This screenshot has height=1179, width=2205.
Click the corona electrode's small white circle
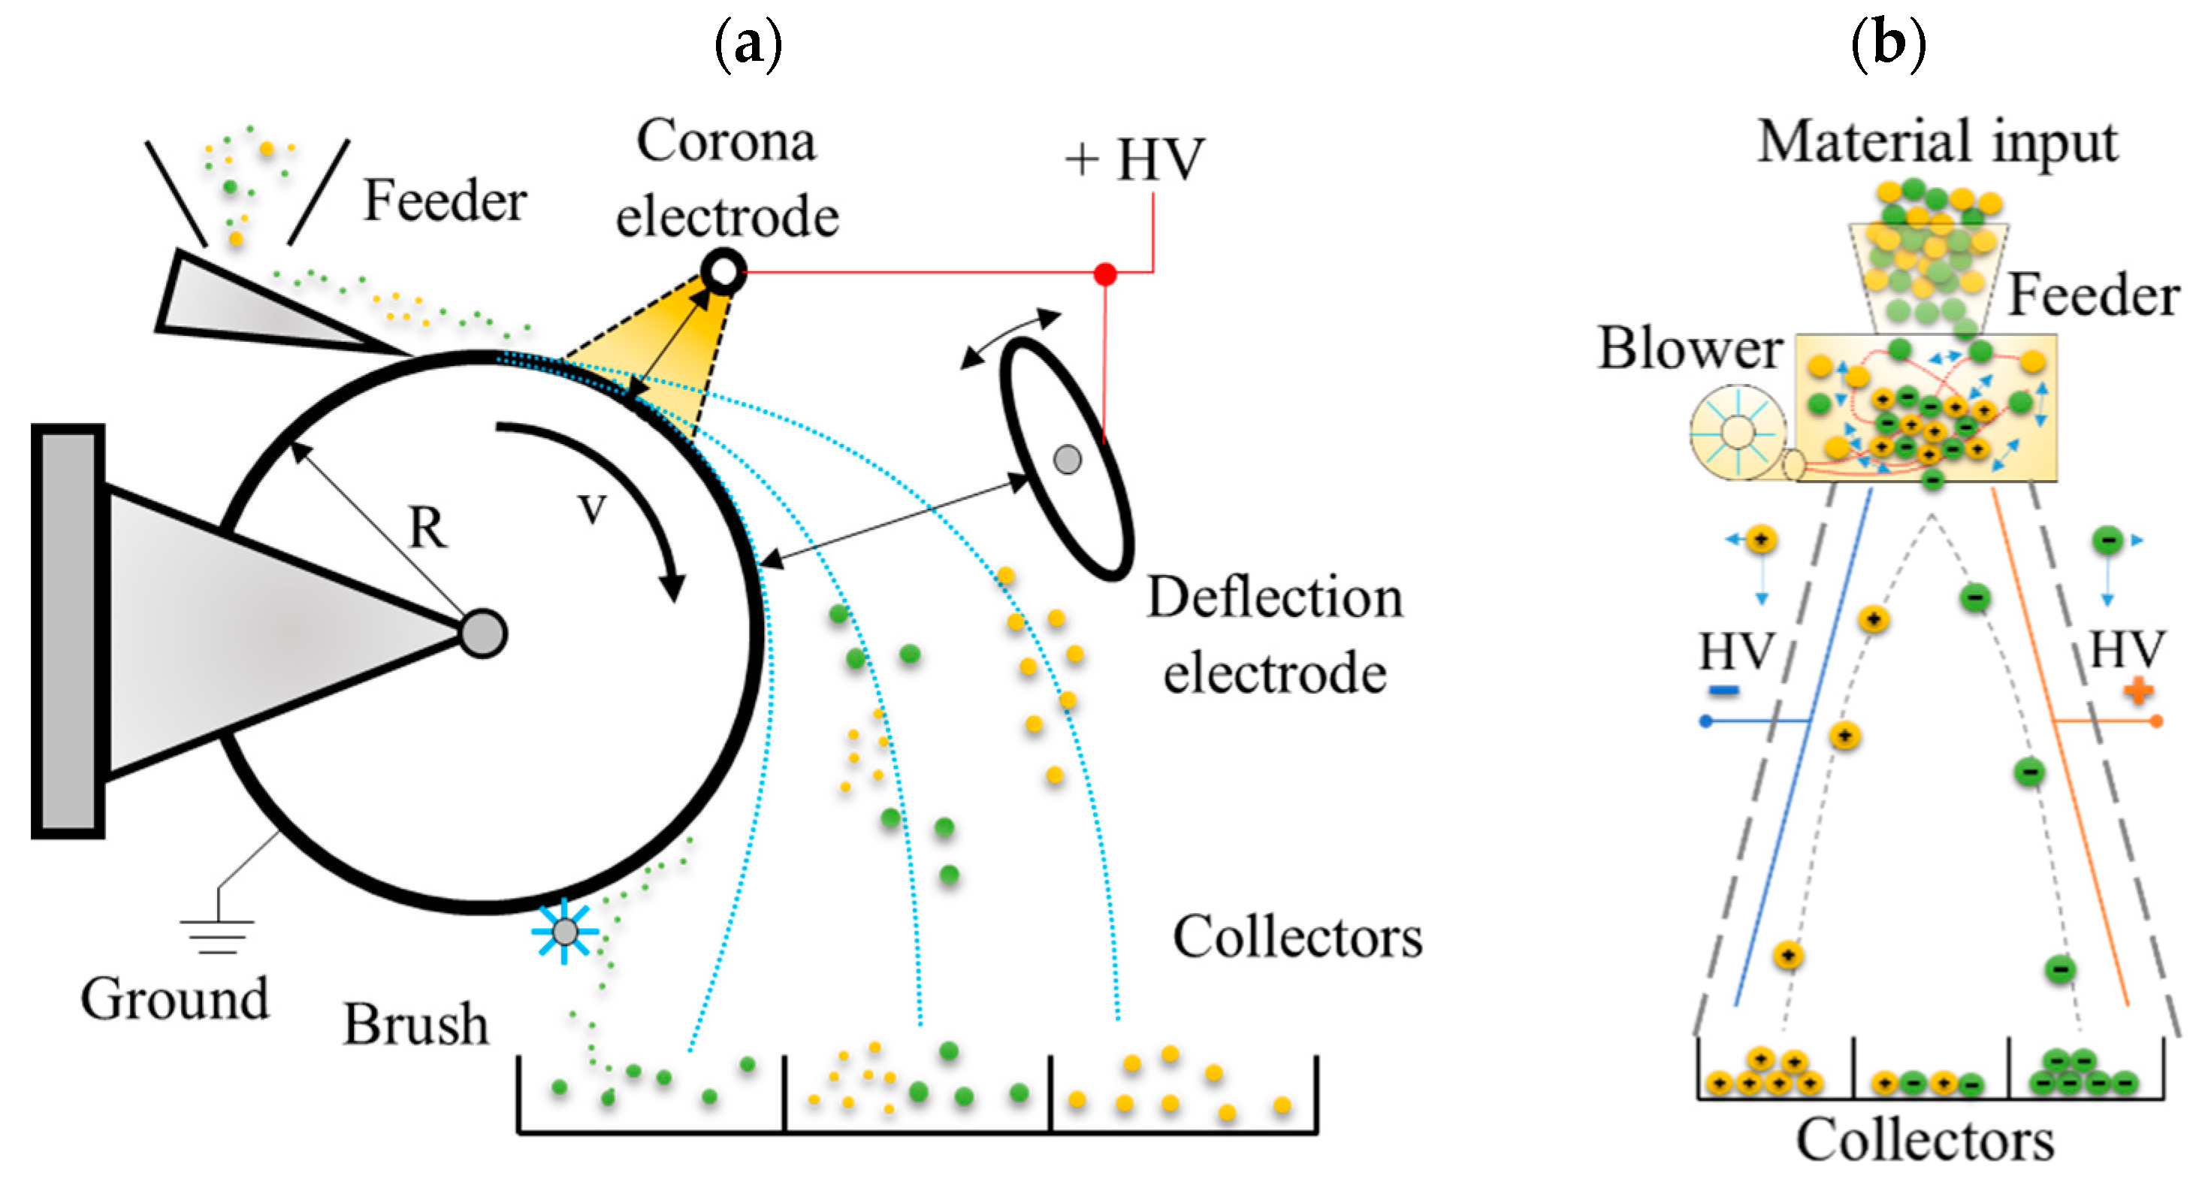tap(723, 271)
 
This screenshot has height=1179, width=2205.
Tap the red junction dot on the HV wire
tap(1105, 274)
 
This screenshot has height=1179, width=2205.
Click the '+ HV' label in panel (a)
tap(1135, 159)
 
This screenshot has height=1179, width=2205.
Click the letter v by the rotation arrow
tap(591, 509)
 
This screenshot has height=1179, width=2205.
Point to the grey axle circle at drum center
tap(484, 633)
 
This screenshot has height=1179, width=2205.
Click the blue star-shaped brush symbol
tap(565, 932)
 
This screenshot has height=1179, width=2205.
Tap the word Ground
tap(174, 999)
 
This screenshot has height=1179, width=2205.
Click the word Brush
tap(416, 1024)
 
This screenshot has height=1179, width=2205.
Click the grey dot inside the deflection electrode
tap(1068, 460)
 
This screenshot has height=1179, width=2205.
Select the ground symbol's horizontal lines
tap(217, 936)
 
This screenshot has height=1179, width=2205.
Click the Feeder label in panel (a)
tap(445, 201)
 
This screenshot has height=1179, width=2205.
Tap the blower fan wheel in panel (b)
tap(1738, 431)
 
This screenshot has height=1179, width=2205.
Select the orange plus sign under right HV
tap(2138, 690)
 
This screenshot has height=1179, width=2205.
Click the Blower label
tap(1690, 349)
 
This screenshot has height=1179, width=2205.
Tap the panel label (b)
tap(1888, 43)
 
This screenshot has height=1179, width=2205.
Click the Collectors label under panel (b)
tap(1925, 1141)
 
